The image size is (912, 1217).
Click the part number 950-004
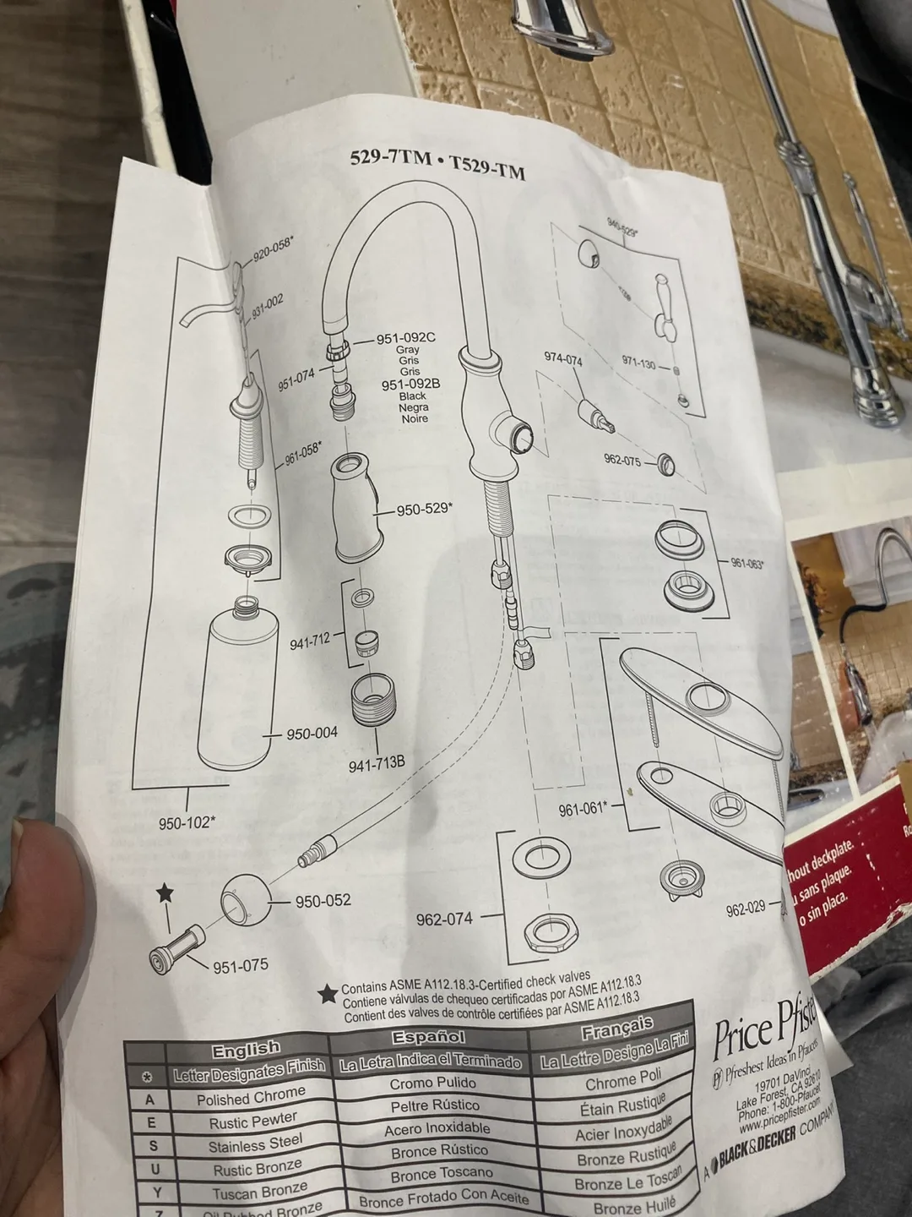(x=312, y=734)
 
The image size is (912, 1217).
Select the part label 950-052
(x=323, y=901)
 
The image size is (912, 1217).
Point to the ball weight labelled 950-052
(x=246, y=903)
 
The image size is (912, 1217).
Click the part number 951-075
(x=241, y=966)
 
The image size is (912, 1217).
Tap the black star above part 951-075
(x=165, y=892)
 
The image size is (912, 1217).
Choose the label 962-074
(x=444, y=919)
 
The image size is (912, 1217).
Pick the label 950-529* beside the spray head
(x=424, y=509)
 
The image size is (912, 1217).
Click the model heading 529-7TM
(x=390, y=158)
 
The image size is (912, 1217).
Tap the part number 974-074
(x=563, y=358)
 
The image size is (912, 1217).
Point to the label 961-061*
(x=583, y=809)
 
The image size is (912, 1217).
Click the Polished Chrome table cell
(x=251, y=1097)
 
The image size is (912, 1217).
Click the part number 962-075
(x=622, y=460)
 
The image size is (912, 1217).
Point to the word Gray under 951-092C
(x=408, y=349)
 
